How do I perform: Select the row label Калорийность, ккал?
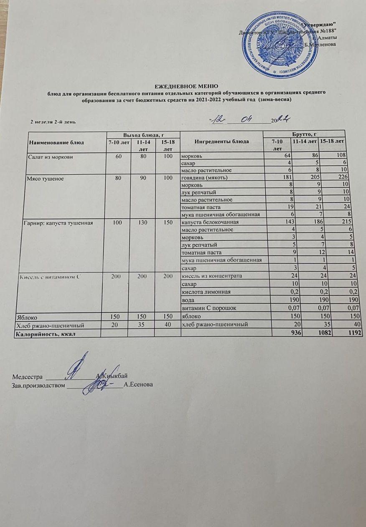(x=46, y=334)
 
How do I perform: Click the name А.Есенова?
(x=138, y=384)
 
